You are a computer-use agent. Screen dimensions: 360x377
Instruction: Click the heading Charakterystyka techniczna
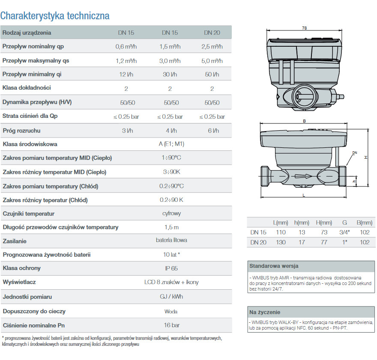coord(55,16)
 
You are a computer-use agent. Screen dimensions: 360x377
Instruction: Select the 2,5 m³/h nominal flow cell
coord(212,46)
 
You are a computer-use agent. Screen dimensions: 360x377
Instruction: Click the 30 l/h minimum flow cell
coord(170,74)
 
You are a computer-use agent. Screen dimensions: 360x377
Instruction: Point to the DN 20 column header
coord(212,33)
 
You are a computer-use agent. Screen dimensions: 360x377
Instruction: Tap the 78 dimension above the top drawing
coord(304,28)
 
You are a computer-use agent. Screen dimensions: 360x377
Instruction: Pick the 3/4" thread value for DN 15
coord(344,232)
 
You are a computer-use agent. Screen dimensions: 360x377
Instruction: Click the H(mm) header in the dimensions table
coord(324,222)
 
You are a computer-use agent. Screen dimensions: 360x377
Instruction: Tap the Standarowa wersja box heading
coord(274,266)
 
